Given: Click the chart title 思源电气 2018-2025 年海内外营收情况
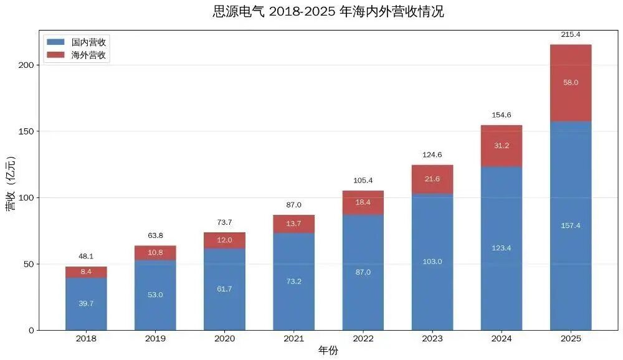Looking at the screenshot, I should pos(328,12).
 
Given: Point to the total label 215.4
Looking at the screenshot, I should pos(571,34).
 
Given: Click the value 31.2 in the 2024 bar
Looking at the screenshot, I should pos(502,146).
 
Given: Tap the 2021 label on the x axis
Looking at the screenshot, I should pos(293,339).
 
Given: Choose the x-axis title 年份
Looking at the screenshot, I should pos(328,351).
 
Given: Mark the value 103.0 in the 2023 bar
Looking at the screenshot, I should pos(432,262).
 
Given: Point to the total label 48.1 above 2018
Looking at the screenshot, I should pos(86,256).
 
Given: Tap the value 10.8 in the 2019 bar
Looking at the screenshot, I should pos(155,253).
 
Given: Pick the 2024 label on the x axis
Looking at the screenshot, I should pos(502,339).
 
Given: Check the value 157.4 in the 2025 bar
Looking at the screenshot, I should pos(571,225).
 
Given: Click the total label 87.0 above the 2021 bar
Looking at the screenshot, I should pos(293,205).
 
